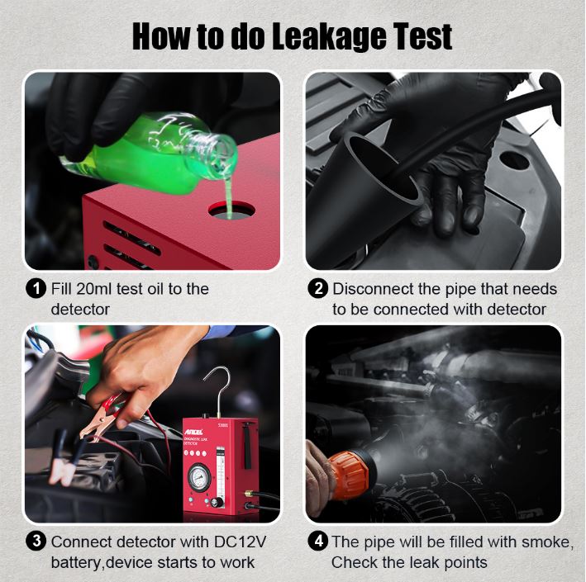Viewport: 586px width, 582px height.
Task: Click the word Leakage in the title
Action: tap(329, 37)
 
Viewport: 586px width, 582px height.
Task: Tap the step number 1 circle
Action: tap(36, 289)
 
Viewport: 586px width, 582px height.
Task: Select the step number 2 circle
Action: tap(317, 289)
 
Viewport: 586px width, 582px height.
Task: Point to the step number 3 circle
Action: tap(36, 542)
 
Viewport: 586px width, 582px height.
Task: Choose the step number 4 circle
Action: tap(317, 542)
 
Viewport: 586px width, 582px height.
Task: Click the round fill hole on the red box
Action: tap(231, 210)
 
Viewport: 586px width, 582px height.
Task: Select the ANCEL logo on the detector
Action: tap(193, 432)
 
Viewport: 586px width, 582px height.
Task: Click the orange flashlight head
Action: tap(350, 475)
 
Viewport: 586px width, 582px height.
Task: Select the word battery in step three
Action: tap(76, 562)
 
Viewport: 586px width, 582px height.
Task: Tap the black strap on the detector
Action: tap(247, 445)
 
